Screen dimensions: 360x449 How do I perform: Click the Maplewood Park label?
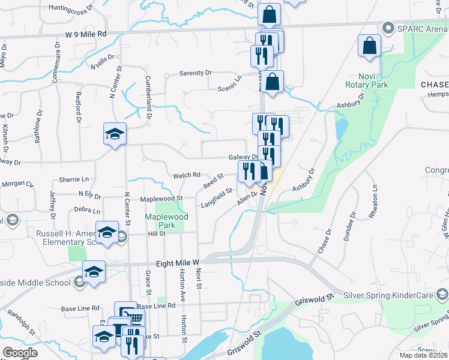(166, 221)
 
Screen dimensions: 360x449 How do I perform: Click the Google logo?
(20, 353)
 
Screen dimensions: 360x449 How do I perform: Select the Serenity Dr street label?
(196, 73)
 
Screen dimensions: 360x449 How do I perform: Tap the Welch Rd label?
(187, 175)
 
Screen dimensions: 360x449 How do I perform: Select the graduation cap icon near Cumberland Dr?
(115, 134)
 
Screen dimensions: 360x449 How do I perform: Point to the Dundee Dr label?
(350, 226)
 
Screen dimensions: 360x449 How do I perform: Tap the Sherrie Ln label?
(73, 179)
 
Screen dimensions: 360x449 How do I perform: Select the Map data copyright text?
(423, 355)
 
